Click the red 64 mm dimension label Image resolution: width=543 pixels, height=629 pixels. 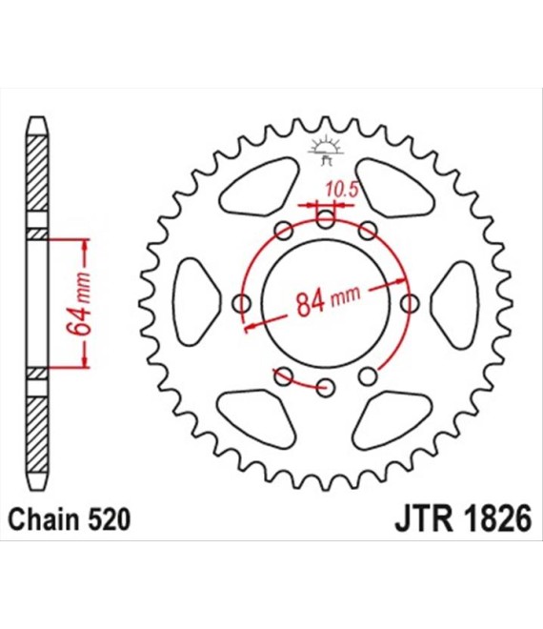click(x=81, y=301)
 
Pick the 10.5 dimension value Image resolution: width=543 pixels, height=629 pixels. click(x=340, y=189)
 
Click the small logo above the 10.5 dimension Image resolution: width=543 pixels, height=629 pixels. click(x=325, y=149)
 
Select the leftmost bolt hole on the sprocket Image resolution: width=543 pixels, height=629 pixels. click(x=242, y=304)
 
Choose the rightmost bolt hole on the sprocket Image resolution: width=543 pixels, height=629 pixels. click(x=410, y=304)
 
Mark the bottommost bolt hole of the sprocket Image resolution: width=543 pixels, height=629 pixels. click(x=326, y=387)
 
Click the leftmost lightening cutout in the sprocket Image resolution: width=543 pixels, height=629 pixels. click(x=196, y=295)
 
